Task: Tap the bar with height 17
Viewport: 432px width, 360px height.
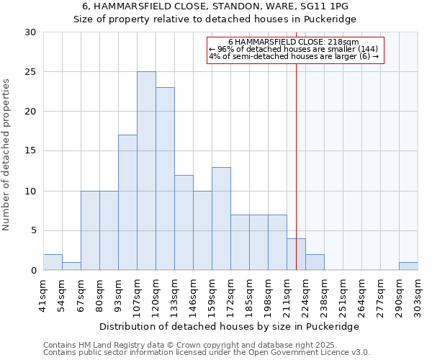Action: pos(127,202)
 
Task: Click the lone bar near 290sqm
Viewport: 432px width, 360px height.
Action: pos(408,266)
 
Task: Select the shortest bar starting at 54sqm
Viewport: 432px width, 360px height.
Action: pos(71,266)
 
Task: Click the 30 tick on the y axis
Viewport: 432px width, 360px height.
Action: pos(30,32)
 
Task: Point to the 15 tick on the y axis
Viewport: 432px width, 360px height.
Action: pos(30,151)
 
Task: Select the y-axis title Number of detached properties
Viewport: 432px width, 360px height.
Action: pos(6,155)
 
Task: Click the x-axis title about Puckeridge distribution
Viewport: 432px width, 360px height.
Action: pos(230,326)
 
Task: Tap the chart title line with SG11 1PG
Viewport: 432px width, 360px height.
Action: pos(215,6)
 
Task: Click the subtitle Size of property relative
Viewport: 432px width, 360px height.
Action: pos(215,19)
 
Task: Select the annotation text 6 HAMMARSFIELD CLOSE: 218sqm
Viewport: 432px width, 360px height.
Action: pos(294,42)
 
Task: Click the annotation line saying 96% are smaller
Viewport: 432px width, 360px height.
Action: pos(294,49)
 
